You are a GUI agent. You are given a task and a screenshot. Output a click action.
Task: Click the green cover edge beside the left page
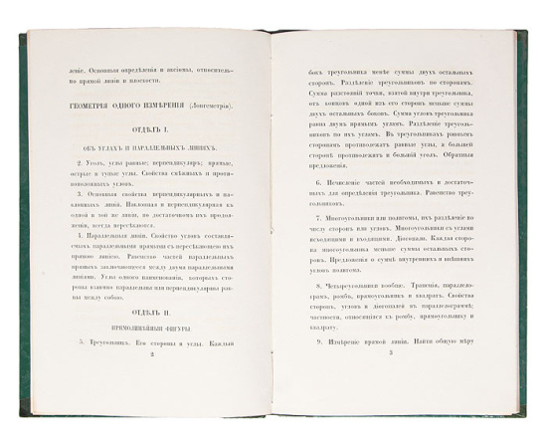tap(22, 219)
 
